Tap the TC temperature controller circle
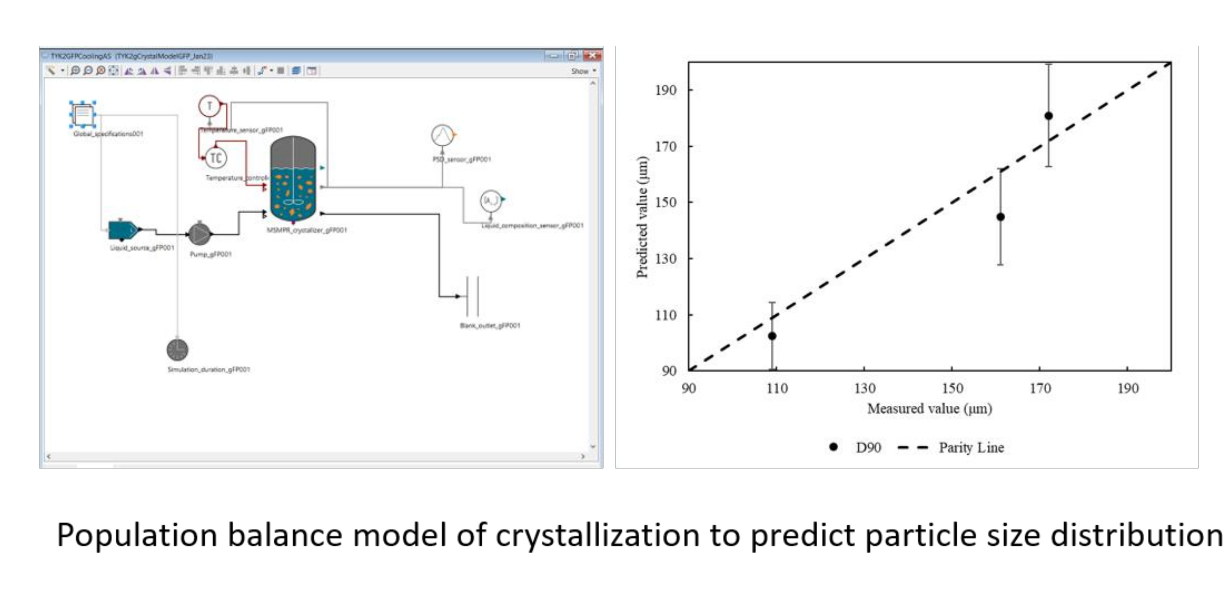point(216,158)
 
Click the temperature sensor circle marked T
point(209,106)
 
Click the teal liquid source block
point(123,230)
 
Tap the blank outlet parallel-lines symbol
point(472,296)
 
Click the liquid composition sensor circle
point(490,201)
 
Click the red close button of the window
point(592,56)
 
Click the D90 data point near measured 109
point(772,336)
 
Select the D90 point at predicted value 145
point(1001,217)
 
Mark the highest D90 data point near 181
point(1048,116)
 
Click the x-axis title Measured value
point(929,409)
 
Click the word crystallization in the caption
point(597,535)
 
